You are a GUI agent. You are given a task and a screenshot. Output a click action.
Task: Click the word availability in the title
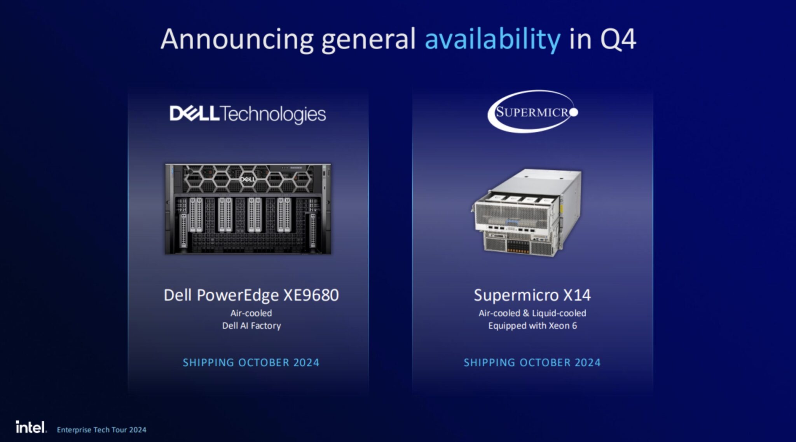492,40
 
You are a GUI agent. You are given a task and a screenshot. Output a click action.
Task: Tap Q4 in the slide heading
618,40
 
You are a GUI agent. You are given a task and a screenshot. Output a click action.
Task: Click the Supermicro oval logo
532,112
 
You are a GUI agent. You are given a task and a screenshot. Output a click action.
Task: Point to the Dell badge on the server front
248,179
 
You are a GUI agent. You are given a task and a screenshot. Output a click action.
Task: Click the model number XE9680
311,295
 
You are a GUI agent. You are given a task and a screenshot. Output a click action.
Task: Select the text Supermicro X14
532,295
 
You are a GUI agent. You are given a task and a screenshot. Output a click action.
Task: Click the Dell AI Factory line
251,325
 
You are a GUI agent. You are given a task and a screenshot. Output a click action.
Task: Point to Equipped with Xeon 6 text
532,325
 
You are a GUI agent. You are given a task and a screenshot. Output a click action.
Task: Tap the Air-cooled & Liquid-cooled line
532,313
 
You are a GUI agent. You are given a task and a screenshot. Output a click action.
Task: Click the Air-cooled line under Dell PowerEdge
251,313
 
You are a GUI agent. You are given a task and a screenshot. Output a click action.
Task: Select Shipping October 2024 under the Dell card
251,362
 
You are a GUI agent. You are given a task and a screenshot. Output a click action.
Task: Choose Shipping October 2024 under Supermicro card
532,362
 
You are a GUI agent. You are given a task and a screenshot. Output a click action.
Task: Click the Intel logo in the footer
31,427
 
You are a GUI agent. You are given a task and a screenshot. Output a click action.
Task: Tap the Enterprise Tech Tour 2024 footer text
101,430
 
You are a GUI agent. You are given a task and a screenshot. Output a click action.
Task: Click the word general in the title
368,40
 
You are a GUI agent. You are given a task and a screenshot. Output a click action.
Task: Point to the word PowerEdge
238,295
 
